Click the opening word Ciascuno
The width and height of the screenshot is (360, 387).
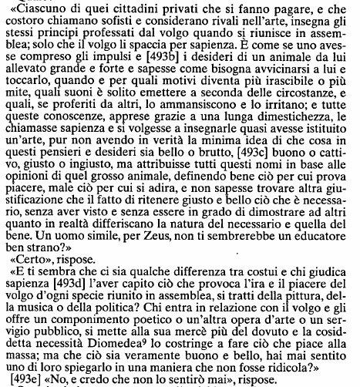[35, 9]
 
